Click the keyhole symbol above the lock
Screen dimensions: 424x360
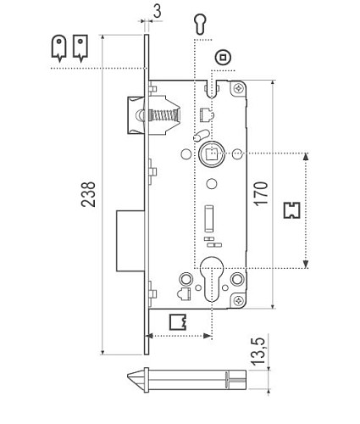click(199, 23)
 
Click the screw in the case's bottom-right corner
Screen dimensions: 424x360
click(241, 297)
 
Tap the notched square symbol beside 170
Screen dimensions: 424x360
click(292, 209)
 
